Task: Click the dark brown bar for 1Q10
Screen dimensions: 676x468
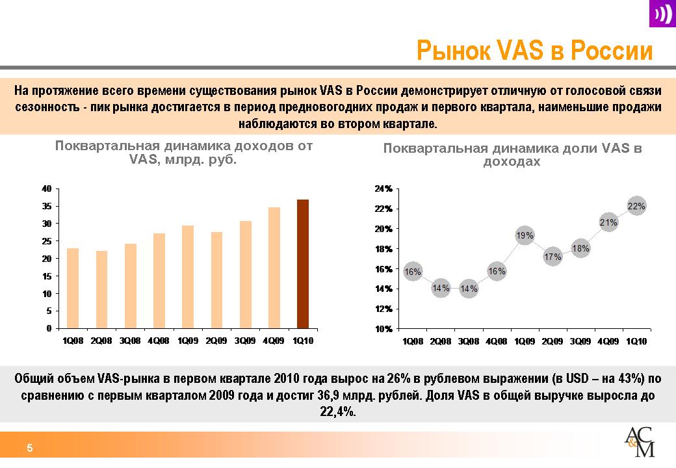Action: coord(303,264)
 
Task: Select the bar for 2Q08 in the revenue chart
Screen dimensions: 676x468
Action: coord(102,290)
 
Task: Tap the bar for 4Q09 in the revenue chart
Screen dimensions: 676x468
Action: coord(274,268)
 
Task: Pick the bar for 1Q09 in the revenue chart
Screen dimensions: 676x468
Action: coord(188,277)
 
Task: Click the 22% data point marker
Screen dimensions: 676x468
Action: coord(636,207)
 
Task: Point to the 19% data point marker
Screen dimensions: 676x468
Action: coord(525,235)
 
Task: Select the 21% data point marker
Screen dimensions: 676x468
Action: coord(608,222)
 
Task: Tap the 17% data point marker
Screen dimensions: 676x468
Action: coord(552,257)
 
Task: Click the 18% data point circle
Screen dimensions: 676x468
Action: coord(580,248)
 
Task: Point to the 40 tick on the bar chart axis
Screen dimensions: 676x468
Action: coord(47,188)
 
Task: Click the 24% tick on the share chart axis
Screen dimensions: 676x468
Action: coord(383,188)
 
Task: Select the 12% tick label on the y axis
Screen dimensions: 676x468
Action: coord(383,309)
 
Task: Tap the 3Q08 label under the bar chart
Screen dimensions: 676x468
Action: coord(130,341)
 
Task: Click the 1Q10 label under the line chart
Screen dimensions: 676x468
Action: coord(636,341)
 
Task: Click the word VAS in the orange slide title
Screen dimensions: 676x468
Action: coord(520,50)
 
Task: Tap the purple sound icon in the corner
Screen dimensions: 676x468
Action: coord(662,14)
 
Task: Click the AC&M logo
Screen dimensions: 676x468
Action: coord(640,442)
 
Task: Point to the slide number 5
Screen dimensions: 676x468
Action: coord(30,448)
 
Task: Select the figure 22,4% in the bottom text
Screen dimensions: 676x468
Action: coord(338,411)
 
